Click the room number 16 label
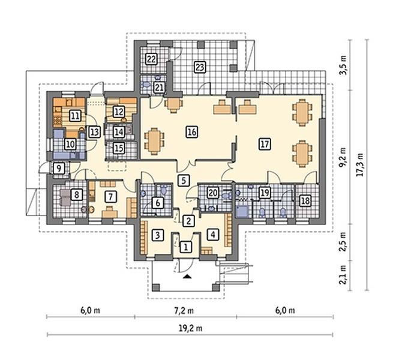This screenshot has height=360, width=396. point(192,132)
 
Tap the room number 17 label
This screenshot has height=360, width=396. point(265,144)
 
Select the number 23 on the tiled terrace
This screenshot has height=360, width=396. point(200,67)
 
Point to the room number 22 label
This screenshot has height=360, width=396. point(151,59)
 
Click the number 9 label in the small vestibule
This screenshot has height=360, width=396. point(59,168)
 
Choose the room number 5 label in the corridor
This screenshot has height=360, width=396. point(184,181)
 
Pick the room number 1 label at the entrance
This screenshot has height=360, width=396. point(186,247)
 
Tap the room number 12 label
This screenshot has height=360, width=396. point(118,112)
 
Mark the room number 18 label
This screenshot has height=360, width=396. point(305,201)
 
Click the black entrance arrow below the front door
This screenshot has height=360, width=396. point(187,276)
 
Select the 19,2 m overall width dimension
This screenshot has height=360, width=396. point(191,328)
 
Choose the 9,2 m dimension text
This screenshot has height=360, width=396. point(343,157)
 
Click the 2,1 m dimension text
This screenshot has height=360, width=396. point(343,275)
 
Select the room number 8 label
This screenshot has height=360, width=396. point(76,195)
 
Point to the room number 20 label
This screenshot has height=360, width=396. point(212,193)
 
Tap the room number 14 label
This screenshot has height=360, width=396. point(119,132)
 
